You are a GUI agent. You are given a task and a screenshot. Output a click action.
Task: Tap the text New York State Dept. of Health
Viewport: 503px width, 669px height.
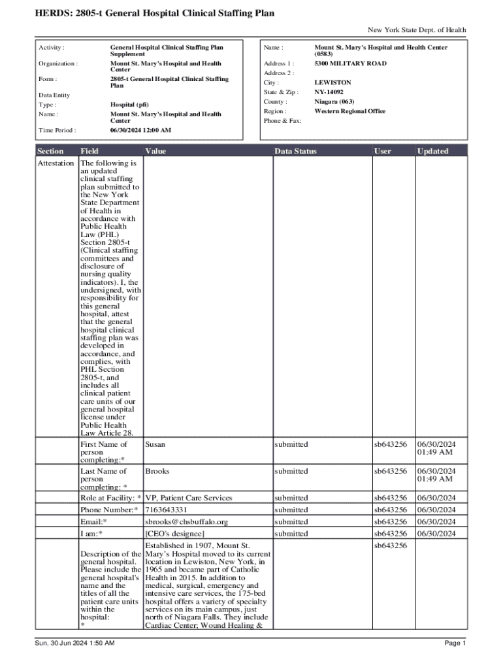click(417, 30)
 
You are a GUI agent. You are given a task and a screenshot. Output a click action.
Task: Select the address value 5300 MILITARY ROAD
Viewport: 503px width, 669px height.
click(350, 64)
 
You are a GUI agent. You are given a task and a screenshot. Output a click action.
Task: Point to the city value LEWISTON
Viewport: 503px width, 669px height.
click(333, 83)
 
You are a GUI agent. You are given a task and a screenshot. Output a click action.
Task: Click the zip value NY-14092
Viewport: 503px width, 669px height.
click(329, 92)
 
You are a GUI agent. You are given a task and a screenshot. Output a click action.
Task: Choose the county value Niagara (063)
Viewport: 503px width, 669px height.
click(336, 102)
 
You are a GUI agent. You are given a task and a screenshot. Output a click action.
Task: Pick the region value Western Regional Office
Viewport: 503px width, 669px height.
click(349, 111)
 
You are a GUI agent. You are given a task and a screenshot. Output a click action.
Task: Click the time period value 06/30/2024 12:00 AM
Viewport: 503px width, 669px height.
click(140, 130)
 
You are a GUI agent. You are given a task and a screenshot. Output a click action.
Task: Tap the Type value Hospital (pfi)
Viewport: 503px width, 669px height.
click(129, 105)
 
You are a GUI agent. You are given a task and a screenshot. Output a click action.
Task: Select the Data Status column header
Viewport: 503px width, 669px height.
click(295, 151)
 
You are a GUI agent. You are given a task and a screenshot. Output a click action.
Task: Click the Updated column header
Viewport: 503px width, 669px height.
click(433, 151)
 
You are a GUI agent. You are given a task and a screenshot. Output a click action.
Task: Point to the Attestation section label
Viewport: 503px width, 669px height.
click(56, 163)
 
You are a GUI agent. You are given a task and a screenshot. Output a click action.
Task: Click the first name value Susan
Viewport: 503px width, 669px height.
click(155, 444)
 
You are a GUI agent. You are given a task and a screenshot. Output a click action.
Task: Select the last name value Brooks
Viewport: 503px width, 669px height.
click(157, 471)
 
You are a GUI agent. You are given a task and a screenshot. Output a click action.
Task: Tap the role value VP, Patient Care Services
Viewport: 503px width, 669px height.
click(188, 498)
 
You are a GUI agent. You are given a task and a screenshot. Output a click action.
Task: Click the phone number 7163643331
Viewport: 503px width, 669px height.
click(166, 510)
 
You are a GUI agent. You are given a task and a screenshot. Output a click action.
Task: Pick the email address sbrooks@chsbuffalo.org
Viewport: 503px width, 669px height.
click(186, 522)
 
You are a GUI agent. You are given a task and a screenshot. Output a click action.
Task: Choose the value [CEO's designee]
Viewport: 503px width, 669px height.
click(174, 534)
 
